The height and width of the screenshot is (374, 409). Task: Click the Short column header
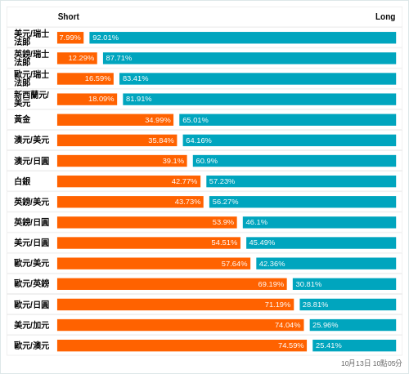pos(69,16)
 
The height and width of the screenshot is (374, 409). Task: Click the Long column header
pos(384,16)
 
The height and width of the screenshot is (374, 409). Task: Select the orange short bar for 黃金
pos(115,120)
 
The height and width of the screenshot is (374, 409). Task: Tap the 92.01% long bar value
pos(106,38)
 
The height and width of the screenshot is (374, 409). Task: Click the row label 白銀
pos(22,181)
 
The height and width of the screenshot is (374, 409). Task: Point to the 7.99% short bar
pos(70,38)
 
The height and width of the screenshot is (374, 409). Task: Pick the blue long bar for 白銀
pos(301,181)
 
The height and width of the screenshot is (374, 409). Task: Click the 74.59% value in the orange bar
pos(290,345)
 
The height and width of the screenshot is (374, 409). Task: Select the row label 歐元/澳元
pos(31,345)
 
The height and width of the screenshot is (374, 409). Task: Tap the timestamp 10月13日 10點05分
pos(371,363)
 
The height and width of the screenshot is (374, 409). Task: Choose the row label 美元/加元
pos(31,325)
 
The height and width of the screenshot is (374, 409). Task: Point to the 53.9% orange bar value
pos(222,222)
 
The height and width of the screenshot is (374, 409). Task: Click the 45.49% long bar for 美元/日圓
pos(321,243)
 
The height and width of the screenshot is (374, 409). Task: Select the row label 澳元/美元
pos(31,140)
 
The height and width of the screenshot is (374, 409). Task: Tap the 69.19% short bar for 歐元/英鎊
pos(172,284)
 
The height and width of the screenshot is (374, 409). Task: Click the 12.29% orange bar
pos(77,58)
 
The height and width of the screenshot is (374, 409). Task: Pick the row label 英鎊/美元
pos(31,202)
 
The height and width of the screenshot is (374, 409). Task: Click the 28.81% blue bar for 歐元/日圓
pos(348,305)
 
